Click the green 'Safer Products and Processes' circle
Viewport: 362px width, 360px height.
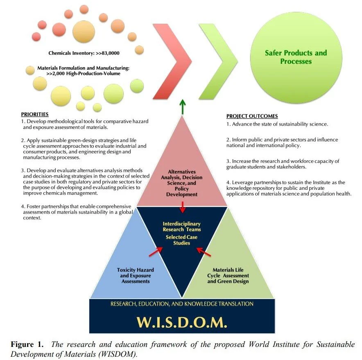pyautogui.click(x=296, y=57)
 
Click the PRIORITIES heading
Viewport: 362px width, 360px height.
pyautogui.click(x=34, y=114)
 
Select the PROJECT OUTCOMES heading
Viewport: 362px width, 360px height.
pyautogui.click(x=252, y=116)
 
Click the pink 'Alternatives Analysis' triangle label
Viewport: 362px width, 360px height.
pyautogui.click(x=181, y=183)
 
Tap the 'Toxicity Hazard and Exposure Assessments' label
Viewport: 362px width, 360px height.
pyautogui.click(x=133, y=275)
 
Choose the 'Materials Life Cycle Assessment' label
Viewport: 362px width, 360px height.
pyautogui.click(x=231, y=275)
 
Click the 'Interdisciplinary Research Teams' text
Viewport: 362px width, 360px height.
pyautogui.click(x=181, y=227)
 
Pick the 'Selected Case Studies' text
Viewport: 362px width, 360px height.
pyautogui.click(x=181, y=240)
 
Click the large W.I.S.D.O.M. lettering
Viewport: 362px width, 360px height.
pyautogui.click(x=181, y=323)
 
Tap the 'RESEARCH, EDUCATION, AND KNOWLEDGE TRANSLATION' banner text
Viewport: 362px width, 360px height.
pyautogui.click(x=181, y=304)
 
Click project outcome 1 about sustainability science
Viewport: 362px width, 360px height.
pyautogui.click(x=277, y=124)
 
